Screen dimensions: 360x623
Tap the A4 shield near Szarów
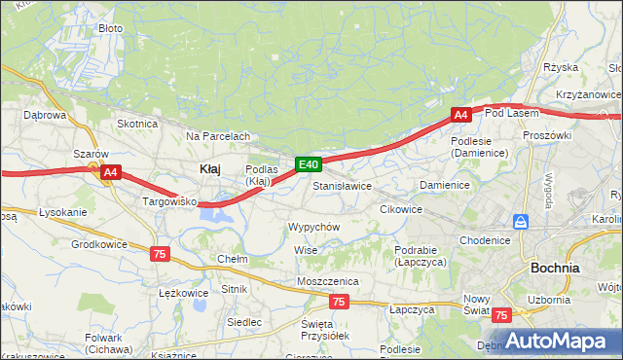pos(111,173)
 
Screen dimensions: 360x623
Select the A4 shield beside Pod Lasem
pos(461,115)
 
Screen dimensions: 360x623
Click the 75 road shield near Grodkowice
pos(161,253)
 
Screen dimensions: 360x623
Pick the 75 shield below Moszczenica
pos(339,303)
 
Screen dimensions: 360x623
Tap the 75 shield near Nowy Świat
pos(501,315)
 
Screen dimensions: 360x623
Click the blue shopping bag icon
pos(522,222)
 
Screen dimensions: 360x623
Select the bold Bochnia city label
pos(555,268)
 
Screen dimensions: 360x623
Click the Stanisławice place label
pos(342,185)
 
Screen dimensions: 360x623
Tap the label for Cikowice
pos(401,209)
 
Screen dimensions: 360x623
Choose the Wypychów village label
pos(312,227)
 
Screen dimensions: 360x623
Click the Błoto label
pos(111,28)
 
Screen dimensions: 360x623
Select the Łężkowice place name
pos(183,293)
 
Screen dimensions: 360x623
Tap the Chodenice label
pos(485,240)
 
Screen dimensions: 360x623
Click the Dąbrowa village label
pos(44,115)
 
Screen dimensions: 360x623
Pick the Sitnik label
pos(235,289)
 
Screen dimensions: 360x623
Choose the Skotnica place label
pos(137,124)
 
